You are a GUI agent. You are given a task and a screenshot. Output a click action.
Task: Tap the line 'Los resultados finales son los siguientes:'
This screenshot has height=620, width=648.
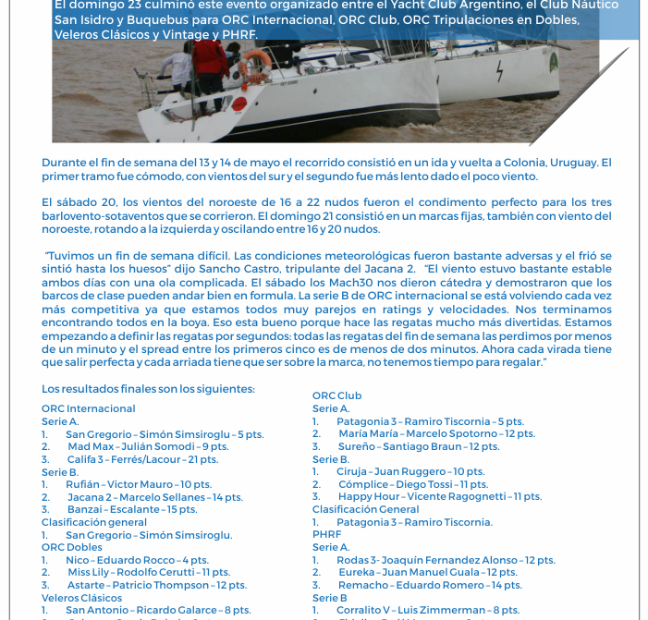point(148,389)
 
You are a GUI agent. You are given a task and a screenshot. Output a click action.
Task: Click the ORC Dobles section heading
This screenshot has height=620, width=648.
point(72,547)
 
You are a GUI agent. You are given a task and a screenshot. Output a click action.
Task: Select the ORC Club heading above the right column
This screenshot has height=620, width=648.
point(336,395)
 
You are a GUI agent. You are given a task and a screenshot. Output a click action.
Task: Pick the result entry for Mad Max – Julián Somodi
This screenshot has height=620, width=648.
point(148,446)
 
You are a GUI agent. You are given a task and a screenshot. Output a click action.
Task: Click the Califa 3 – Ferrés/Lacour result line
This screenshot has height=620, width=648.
point(142,459)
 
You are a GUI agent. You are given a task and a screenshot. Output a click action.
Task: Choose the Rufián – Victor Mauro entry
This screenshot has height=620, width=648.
point(138,484)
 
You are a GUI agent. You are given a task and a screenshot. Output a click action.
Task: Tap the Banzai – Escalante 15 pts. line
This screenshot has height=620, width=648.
point(131,509)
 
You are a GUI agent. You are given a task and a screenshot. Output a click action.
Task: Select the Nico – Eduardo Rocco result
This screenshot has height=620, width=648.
point(137,560)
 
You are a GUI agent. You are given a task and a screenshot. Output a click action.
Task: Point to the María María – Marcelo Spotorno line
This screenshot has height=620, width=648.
point(435,433)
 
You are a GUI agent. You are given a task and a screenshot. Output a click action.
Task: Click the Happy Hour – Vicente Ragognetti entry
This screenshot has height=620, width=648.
point(439,496)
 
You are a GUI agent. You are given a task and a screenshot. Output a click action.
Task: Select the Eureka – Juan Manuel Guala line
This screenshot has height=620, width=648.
point(427,572)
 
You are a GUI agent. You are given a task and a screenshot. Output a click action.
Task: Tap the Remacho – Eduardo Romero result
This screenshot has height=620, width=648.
point(429,585)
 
